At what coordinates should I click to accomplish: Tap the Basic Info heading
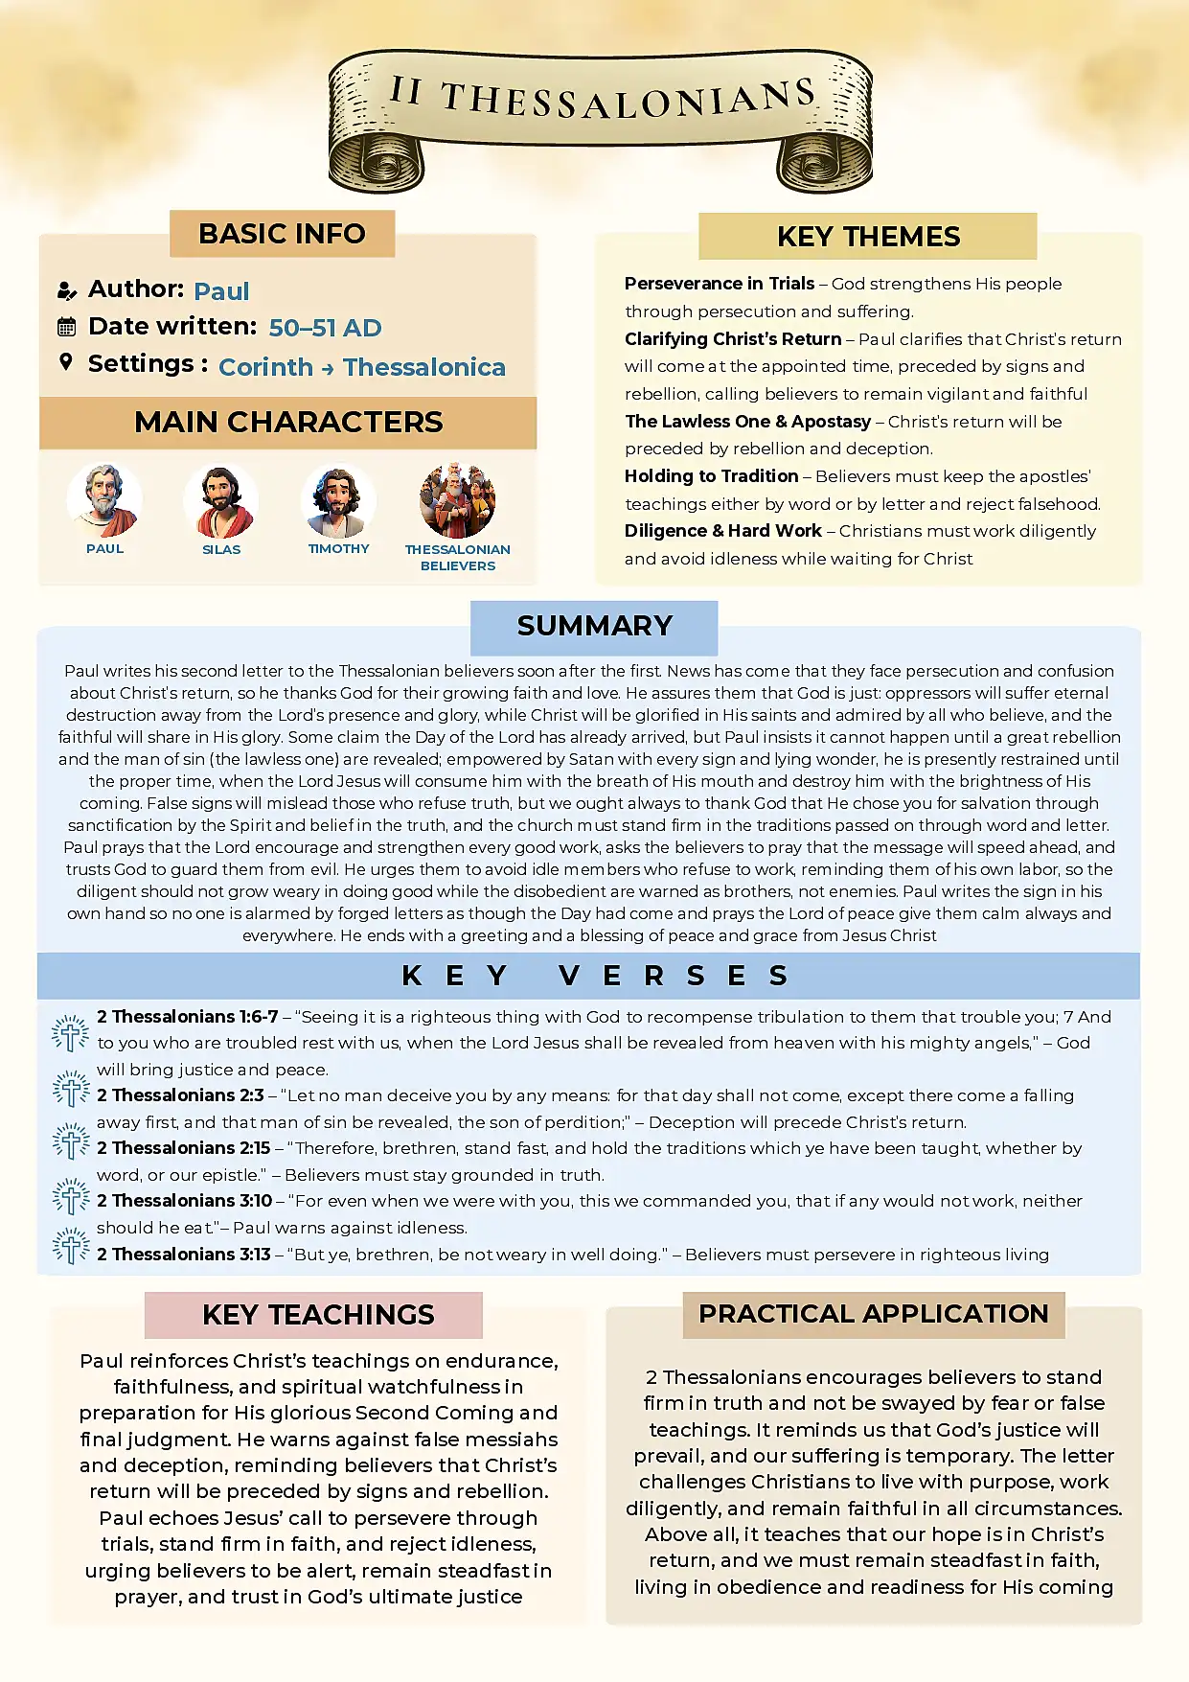click(x=282, y=234)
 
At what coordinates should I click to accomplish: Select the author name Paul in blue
click(x=221, y=291)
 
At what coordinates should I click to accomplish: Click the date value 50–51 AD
click(x=325, y=328)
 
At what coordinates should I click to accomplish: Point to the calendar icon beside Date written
click(x=66, y=327)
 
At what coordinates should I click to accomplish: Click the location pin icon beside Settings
click(x=65, y=362)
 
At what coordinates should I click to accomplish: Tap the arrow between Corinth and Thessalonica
click(x=328, y=369)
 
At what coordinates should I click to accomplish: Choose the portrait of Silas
click(x=220, y=501)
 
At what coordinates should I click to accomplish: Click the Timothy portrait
click(x=337, y=501)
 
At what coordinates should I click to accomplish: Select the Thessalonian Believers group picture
click(x=457, y=500)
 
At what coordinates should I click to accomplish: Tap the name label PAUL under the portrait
click(x=105, y=549)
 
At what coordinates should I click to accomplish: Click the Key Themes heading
click(x=868, y=237)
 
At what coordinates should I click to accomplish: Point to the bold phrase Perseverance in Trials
click(x=719, y=284)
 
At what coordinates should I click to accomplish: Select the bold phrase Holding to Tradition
click(x=711, y=476)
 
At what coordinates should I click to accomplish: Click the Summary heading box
click(x=594, y=627)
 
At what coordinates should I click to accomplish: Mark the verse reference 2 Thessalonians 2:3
click(x=180, y=1095)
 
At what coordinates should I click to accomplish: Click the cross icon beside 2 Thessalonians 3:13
click(x=71, y=1247)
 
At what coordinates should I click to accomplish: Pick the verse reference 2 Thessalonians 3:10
click(x=184, y=1201)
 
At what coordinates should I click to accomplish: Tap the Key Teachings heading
click(x=318, y=1315)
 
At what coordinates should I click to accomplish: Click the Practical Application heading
click(x=873, y=1314)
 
